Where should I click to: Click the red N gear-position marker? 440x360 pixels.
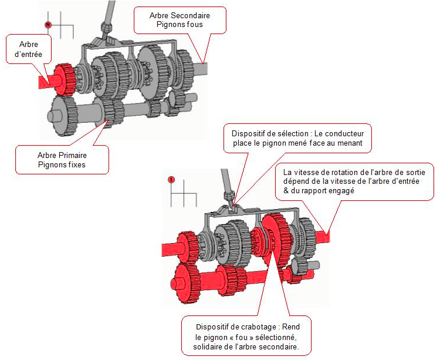point(48,25)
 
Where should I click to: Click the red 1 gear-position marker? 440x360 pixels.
point(171,180)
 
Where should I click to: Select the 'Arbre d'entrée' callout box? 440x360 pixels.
point(29,49)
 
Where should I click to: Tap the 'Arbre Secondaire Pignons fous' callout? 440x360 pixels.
point(180,20)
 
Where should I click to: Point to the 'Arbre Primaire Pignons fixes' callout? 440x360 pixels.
point(62,160)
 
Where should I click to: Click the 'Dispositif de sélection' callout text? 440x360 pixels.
point(297,138)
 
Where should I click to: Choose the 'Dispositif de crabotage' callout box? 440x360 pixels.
point(246,336)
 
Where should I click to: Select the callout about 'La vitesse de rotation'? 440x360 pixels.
point(354,181)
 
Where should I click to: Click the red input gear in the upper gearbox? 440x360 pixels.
point(65,79)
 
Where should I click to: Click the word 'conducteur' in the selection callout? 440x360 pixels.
point(344,134)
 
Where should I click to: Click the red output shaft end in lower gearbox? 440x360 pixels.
point(322,237)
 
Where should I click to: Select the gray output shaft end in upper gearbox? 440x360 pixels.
point(201,69)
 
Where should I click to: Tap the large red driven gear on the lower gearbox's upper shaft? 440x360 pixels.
point(276,238)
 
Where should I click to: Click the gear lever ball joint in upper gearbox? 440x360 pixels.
point(106,28)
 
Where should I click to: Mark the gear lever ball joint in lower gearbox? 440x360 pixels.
point(229,196)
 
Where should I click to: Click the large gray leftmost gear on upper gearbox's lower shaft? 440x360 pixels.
point(62,116)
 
